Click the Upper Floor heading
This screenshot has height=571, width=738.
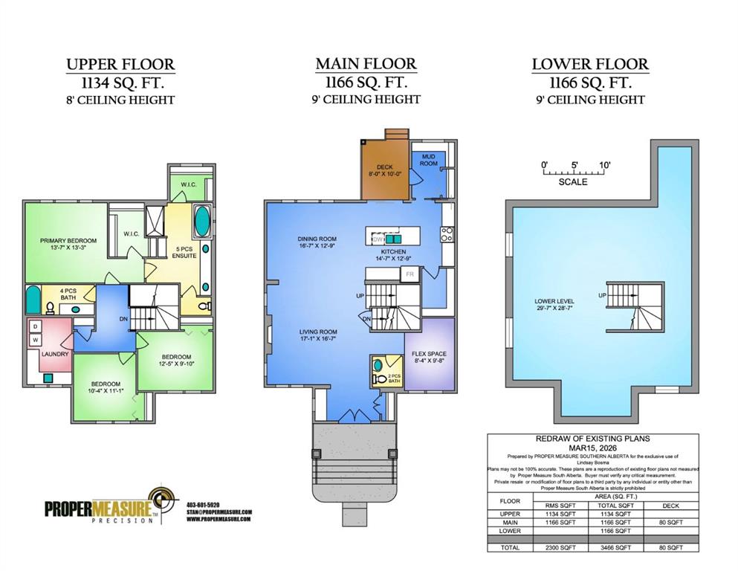(120, 64)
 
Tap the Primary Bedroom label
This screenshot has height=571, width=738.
(68, 241)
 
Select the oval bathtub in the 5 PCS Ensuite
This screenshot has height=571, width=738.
(201, 222)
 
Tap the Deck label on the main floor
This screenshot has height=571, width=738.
(384, 167)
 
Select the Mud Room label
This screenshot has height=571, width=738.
(429, 160)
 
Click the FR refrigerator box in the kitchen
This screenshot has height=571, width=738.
(409, 274)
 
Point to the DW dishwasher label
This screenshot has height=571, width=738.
(378, 239)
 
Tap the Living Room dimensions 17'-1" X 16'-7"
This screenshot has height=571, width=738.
(318, 338)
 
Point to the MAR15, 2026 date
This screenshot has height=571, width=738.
(593, 448)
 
